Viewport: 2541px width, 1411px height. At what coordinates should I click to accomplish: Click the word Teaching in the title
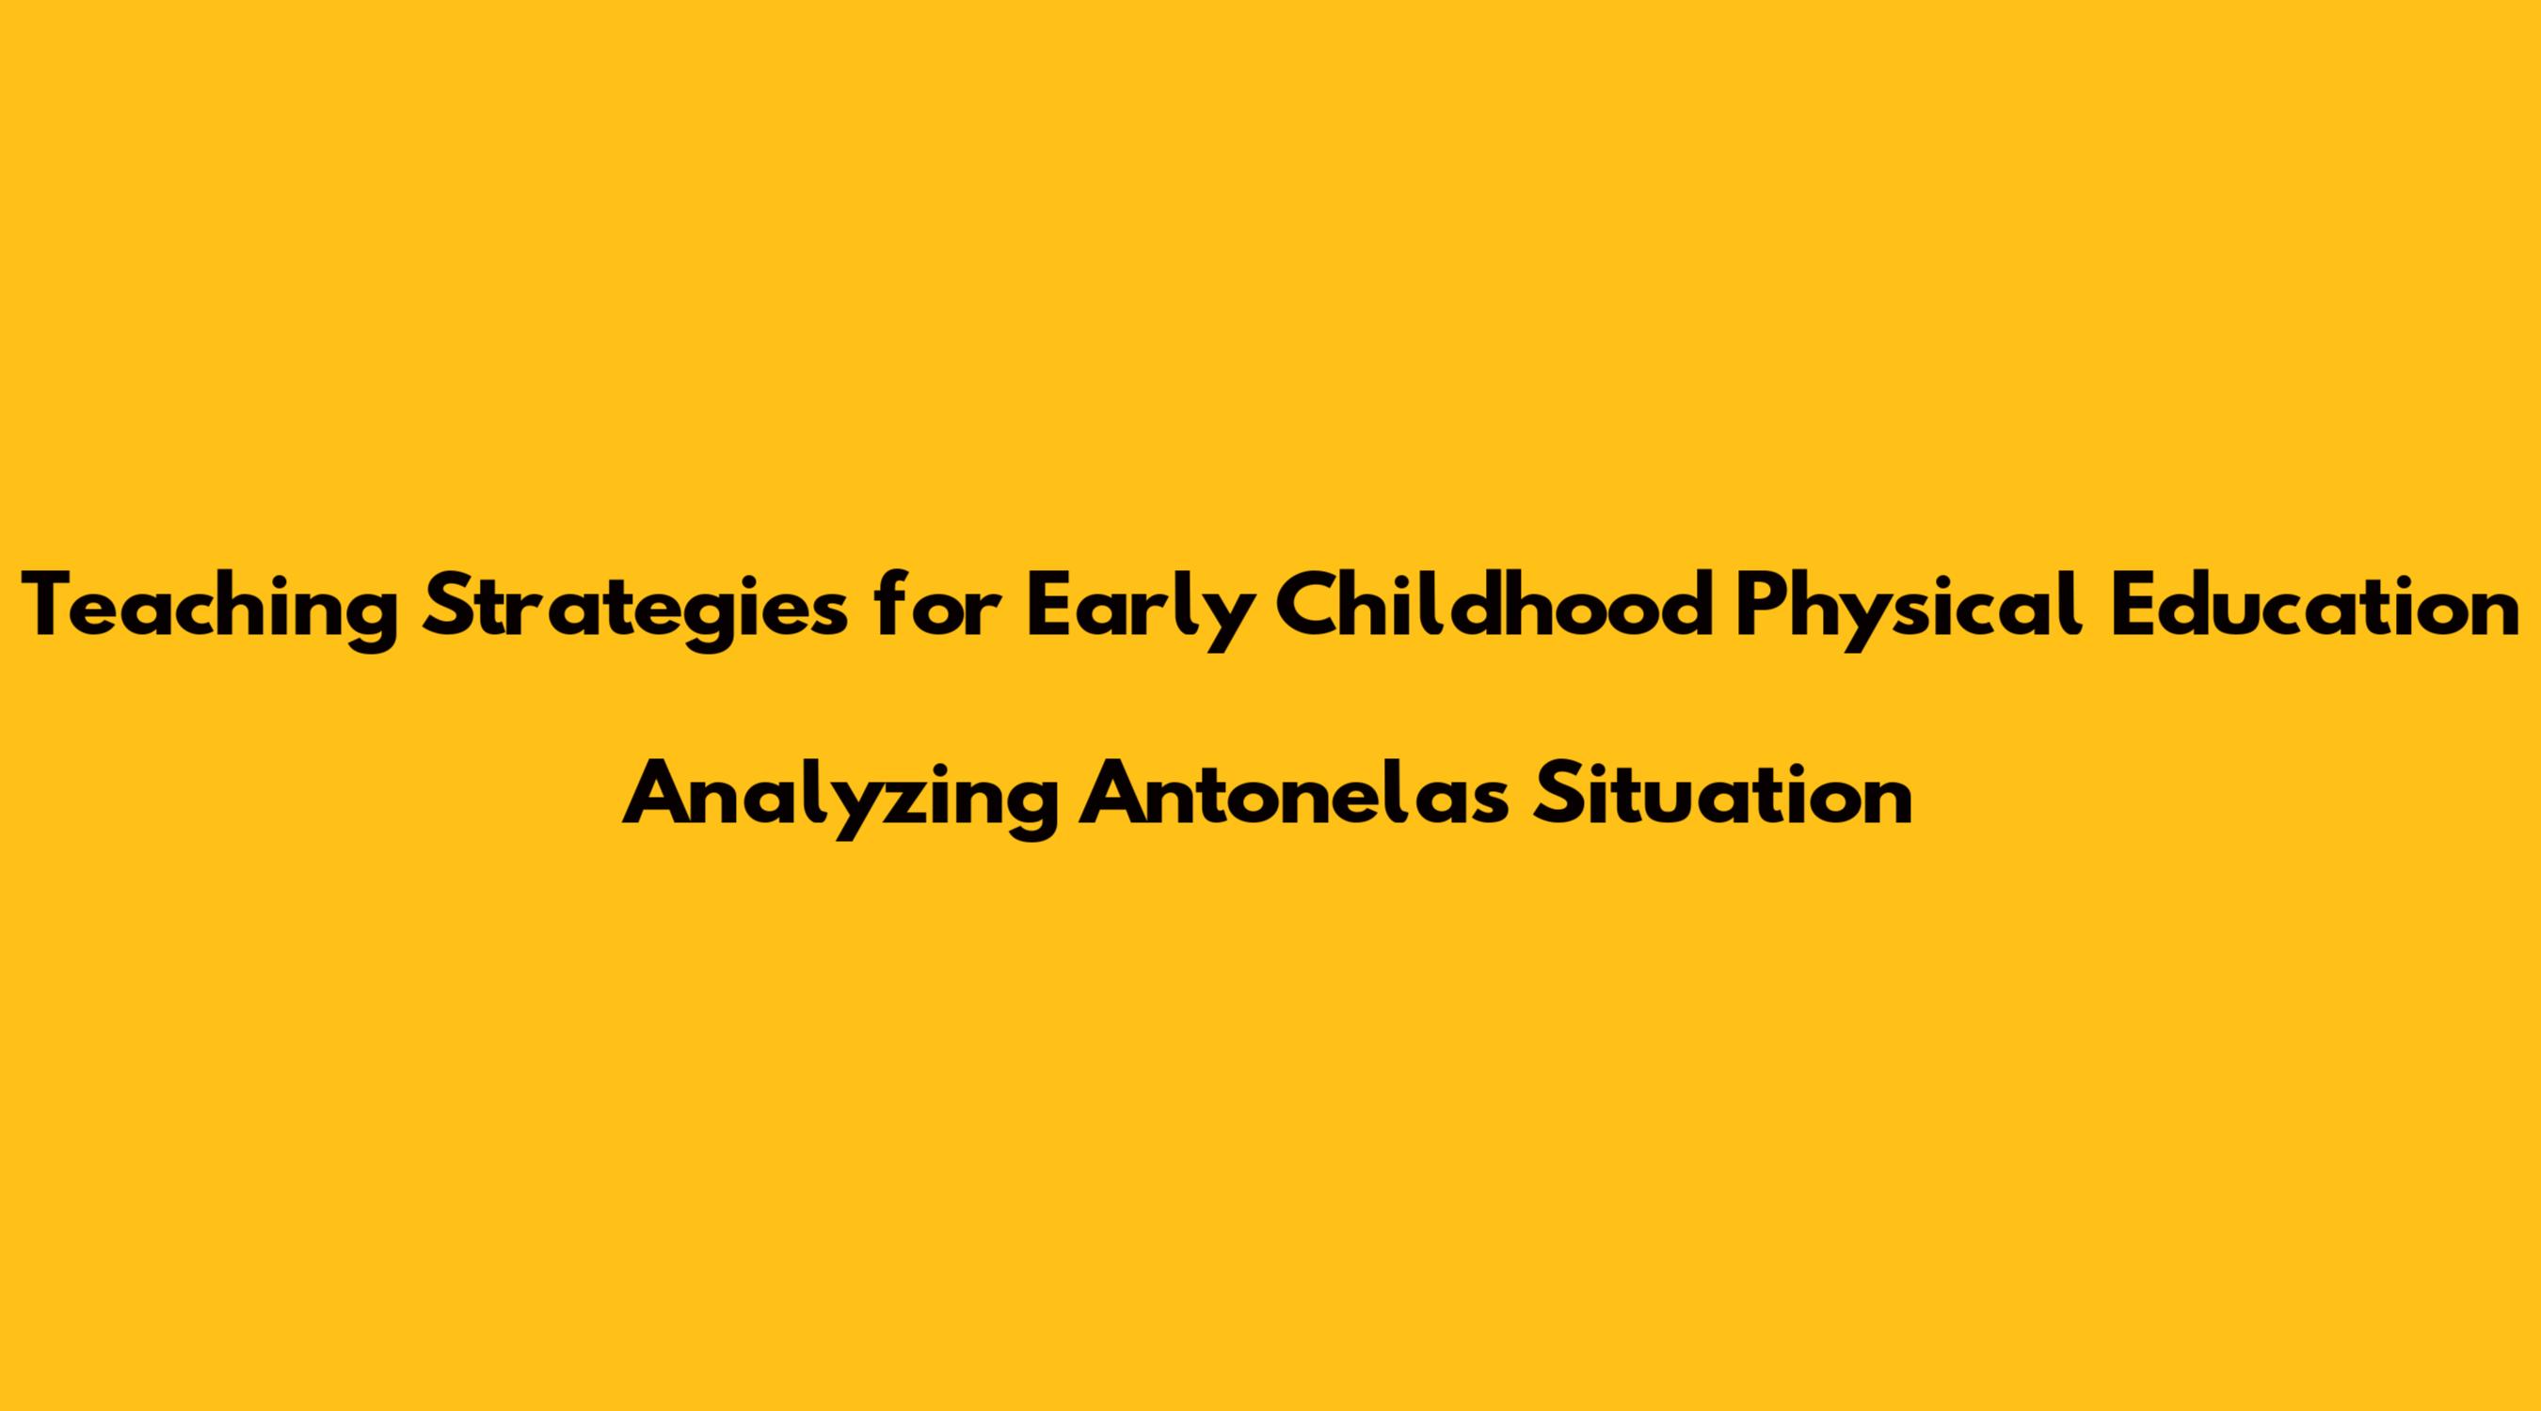click(x=210, y=610)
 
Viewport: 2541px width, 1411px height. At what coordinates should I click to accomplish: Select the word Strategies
click(x=634, y=610)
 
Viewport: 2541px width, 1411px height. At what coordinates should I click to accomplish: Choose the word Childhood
click(x=1492, y=604)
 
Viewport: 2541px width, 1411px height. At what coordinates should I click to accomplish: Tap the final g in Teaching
click(x=376, y=622)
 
